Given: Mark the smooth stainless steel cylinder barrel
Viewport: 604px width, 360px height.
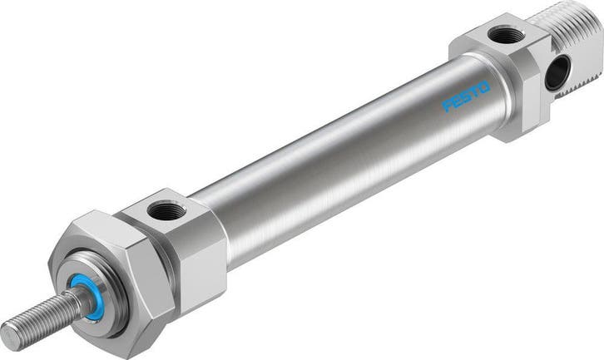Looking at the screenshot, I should [333, 158].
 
